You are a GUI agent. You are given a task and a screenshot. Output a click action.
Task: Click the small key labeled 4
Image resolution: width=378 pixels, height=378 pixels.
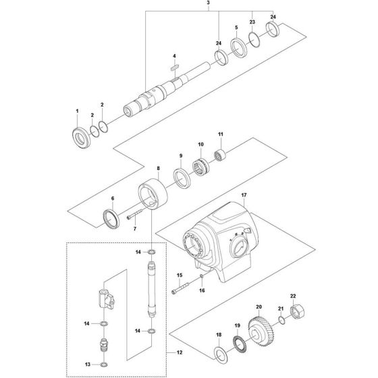pos(173,66)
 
